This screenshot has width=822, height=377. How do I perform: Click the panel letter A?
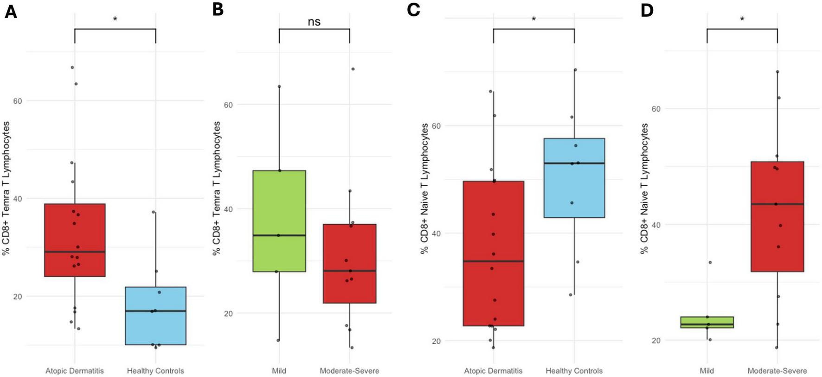pyautogui.click(x=10, y=11)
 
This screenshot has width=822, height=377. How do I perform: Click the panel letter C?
pyautogui.click(x=413, y=10)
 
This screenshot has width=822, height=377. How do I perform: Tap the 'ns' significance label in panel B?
pyautogui.click(x=314, y=21)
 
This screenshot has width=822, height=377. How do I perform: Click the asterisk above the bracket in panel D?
pyautogui.click(x=742, y=19)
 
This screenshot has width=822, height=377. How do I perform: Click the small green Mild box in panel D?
pyautogui.click(x=707, y=322)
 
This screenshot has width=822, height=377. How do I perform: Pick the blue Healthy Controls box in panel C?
pyautogui.click(x=574, y=178)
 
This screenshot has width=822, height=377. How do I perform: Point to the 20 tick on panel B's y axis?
pyautogui.click(x=228, y=314)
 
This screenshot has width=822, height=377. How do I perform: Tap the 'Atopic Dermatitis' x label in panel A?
pyautogui.click(x=75, y=371)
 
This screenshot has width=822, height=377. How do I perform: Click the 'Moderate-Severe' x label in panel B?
pyautogui.click(x=349, y=371)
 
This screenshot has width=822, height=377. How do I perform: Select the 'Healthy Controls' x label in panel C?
pyautogui.click(x=574, y=371)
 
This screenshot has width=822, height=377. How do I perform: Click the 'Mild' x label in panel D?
pyautogui.click(x=707, y=371)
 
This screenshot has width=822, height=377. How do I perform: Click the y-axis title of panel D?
pyautogui.click(x=644, y=189)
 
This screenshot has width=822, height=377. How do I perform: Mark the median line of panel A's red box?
pyautogui.click(x=75, y=252)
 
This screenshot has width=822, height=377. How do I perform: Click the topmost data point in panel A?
pyautogui.click(x=72, y=68)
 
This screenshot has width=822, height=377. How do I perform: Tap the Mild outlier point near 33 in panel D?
pyautogui.click(x=710, y=263)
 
